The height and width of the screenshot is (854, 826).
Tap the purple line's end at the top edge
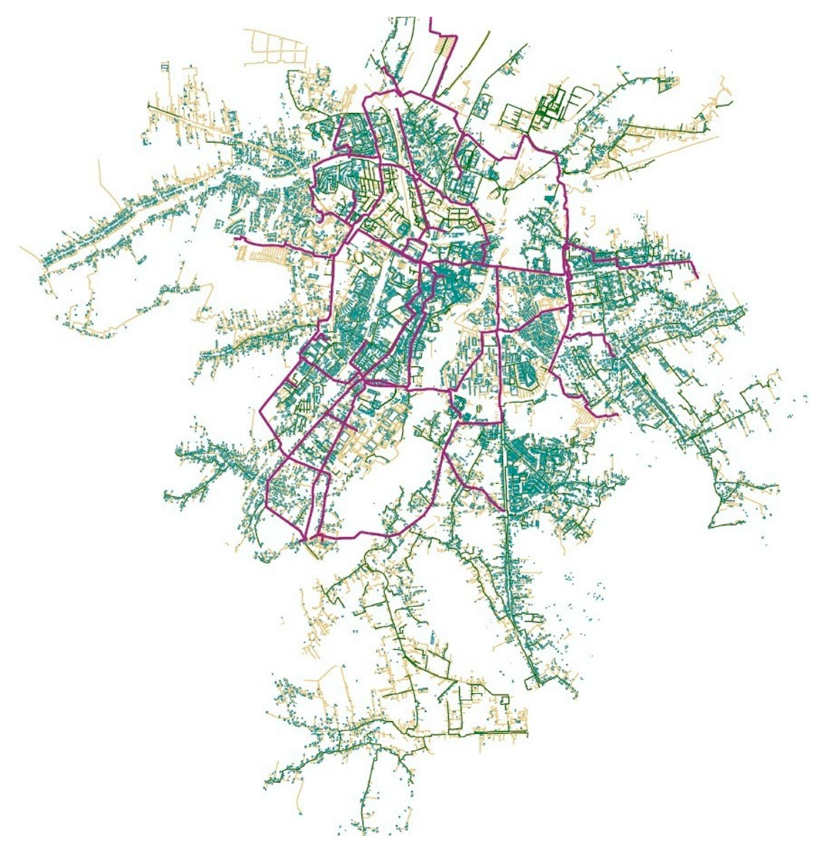click(430, 18)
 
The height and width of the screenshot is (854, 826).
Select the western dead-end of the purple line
click(235, 238)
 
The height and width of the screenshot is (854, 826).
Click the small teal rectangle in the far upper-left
click(165, 67)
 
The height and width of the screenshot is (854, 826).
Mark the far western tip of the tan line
click(20, 247)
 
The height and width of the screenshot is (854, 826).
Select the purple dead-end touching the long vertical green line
click(505, 511)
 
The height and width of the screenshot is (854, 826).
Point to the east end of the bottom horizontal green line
click(527, 732)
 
